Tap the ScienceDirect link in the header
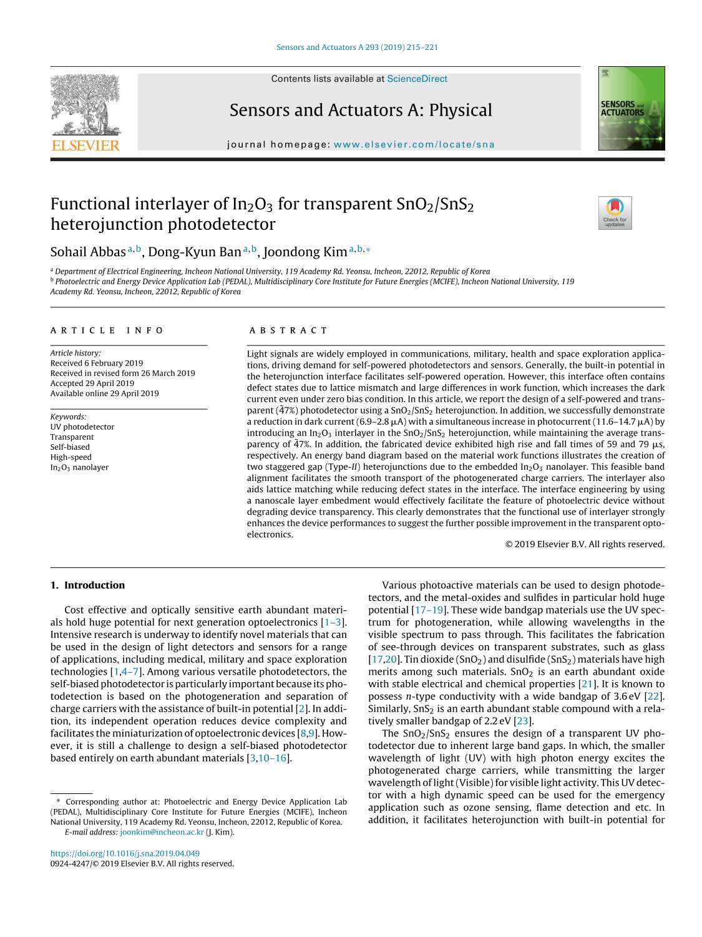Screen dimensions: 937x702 coord(417,79)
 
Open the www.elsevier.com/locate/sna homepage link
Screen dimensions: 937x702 coord(414,144)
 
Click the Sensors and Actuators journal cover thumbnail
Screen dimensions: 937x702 coord(631,109)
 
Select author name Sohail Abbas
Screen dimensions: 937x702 coord(88,252)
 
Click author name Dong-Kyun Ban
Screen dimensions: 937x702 coord(195,252)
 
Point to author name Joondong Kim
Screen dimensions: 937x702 coord(305,252)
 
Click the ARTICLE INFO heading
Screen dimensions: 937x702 coord(107,330)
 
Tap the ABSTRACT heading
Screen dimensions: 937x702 coord(288,330)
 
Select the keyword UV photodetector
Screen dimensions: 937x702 coord(82,427)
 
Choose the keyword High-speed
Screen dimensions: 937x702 coord(71,457)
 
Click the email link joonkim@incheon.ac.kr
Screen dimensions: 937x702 coord(162,832)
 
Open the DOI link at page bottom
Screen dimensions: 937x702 coord(125,853)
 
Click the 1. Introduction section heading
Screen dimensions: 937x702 coord(87,585)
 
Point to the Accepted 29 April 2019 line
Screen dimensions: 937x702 coord(92,383)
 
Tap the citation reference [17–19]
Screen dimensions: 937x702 coord(428,610)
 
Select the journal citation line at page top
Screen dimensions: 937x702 coord(357,47)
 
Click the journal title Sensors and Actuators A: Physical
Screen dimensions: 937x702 coord(361,110)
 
